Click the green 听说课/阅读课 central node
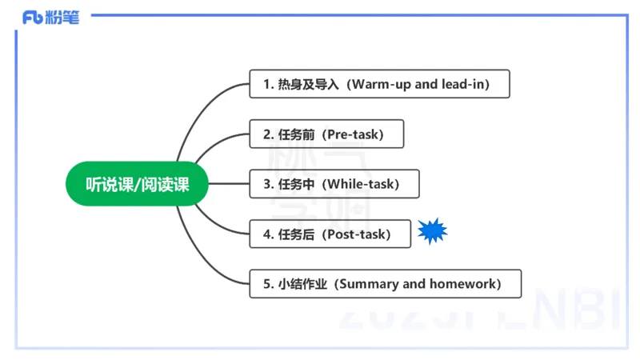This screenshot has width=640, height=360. point(137,184)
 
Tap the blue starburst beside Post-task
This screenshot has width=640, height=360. point(432,232)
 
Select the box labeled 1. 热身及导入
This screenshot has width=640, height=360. point(379,84)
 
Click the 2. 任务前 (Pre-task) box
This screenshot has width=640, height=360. point(326,134)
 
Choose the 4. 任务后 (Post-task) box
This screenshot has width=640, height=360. point(330,234)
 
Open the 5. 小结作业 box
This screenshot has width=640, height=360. point(385,284)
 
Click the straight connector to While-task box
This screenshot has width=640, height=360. point(229,184)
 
